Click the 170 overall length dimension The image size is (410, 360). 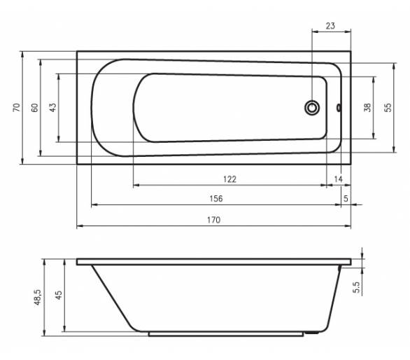(213, 220)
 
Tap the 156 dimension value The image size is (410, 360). (216, 199)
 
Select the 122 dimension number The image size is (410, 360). (230, 179)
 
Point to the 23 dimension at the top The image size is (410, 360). (330, 26)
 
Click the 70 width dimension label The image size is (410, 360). (17, 107)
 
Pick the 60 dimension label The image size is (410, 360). (35, 108)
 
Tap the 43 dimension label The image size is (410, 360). (52, 107)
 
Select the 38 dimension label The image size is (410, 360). (367, 107)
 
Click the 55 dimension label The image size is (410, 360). (388, 107)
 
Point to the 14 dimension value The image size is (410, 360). (338, 179)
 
